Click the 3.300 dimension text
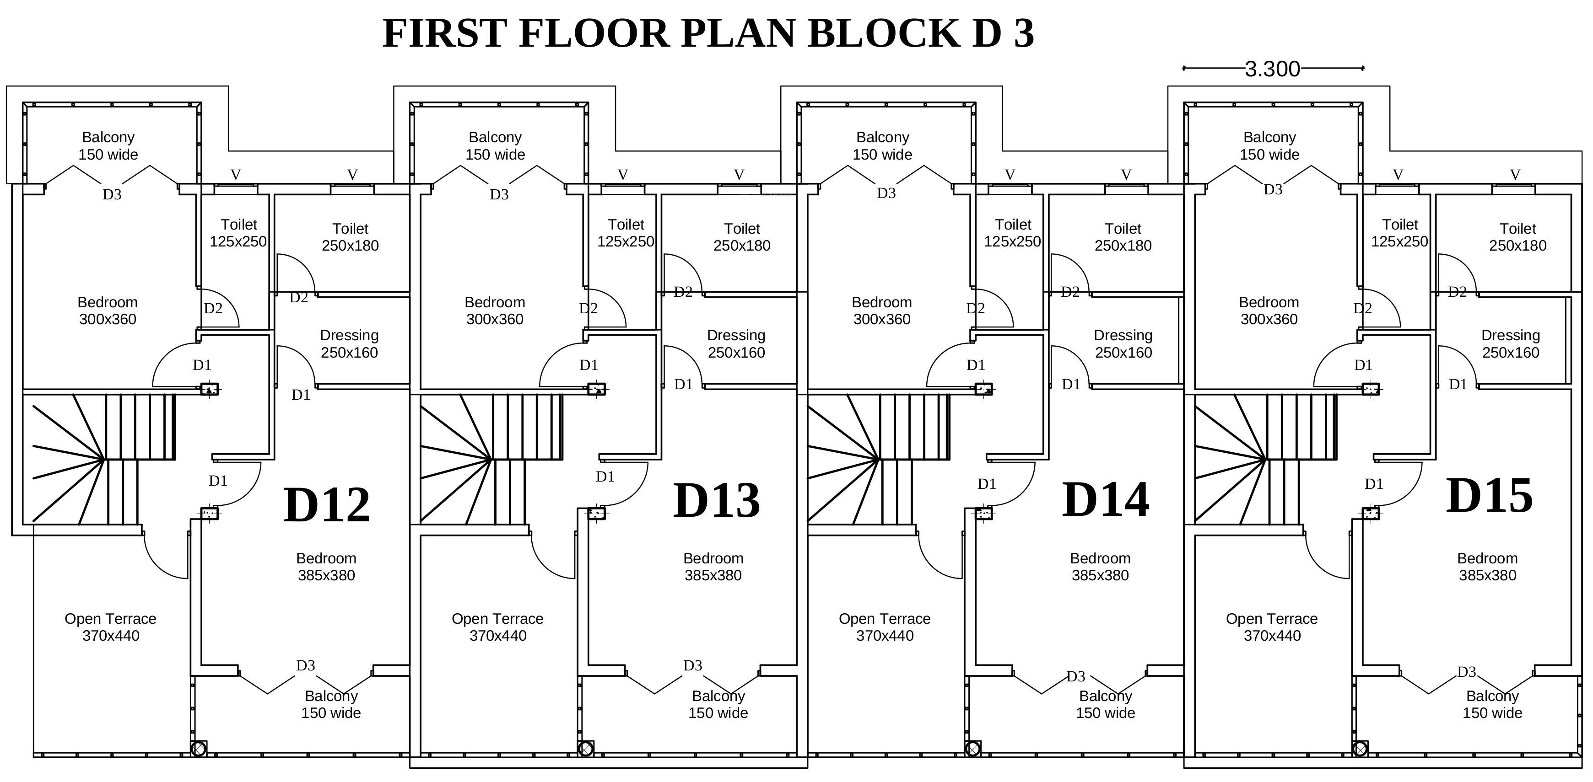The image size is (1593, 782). [x=1272, y=69]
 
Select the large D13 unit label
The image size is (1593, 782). [x=716, y=500]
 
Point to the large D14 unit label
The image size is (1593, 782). [x=1105, y=500]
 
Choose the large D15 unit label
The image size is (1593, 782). [x=1489, y=496]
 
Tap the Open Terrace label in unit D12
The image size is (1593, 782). [x=111, y=627]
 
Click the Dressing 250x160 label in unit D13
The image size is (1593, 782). [x=736, y=344]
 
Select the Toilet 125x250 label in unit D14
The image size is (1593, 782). [x=1012, y=233]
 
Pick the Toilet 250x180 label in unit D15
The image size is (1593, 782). [x=1517, y=237]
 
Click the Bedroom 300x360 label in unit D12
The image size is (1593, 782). [x=108, y=311]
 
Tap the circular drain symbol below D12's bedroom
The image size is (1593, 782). [x=199, y=749]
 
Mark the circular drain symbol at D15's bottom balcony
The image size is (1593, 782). [x=1360, y=749]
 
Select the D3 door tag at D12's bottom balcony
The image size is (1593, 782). [x=306, y=666]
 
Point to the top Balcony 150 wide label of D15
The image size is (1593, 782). [x=1269, y=146]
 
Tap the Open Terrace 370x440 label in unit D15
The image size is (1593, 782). [x=1272, y=627]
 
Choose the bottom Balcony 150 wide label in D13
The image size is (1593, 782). [x=718, y=704]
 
